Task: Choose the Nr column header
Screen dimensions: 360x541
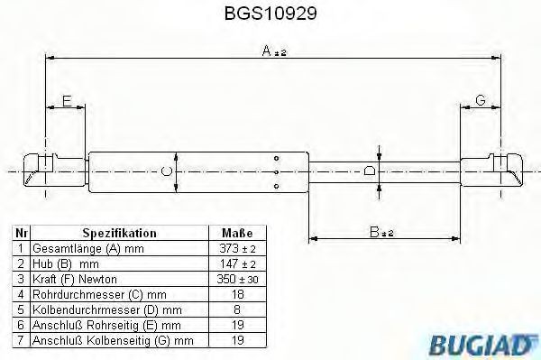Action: tap(21, 232)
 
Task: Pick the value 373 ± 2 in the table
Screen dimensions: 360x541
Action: tap(236, 248)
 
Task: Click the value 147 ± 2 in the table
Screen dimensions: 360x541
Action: tap(236, 263)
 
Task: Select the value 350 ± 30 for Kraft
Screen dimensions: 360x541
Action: tap(236, 279)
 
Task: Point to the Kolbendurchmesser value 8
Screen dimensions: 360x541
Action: tap(236, 309)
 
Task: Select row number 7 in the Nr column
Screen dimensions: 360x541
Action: tap(21, 340)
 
